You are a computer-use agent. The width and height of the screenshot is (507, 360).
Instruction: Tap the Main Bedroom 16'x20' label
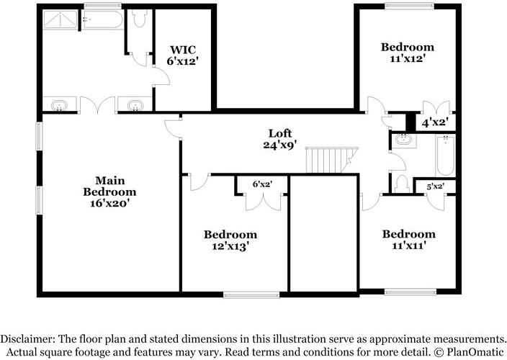(x=109, y=192)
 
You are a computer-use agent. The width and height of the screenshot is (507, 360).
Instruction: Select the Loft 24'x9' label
(x=280, y=138)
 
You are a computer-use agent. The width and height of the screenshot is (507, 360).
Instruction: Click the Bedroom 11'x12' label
(x=407, y=53)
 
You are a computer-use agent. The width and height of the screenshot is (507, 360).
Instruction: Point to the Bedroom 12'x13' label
(x=230, y=240)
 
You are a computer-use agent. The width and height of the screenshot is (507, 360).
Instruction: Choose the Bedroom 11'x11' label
(x=408, y=239)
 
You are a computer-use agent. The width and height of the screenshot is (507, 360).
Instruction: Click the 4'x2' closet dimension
(x=435, y=122)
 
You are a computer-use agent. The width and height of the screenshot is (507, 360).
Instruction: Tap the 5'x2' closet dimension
(x=436, y=186)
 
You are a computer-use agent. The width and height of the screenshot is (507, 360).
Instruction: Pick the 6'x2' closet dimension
(x=262, y=184)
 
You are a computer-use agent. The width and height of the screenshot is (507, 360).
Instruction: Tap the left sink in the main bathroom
(x=57, y=107)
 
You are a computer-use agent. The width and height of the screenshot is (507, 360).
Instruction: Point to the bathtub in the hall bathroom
(x=445, y=157)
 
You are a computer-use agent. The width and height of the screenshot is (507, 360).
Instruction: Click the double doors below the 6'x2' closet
(x=262, y=202)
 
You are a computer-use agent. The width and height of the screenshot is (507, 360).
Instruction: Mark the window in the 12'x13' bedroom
(x=251, y=294)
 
